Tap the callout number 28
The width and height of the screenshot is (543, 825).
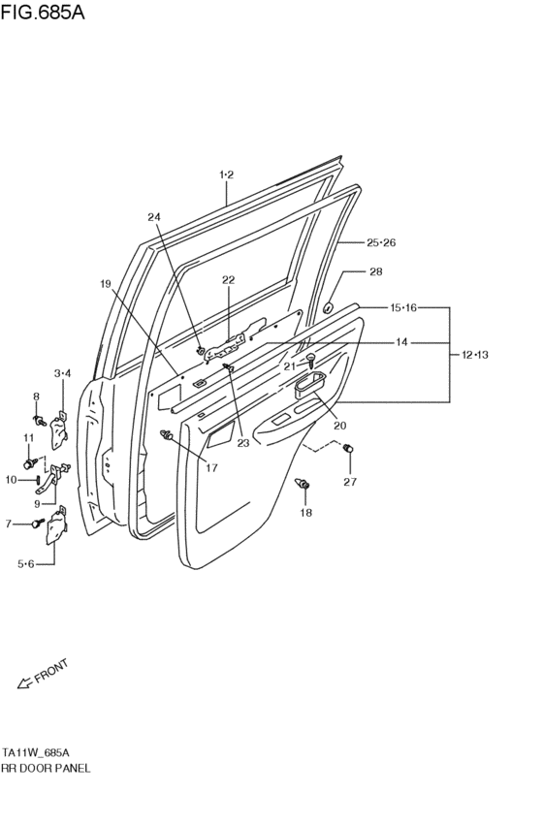pyautogui.click(x=376, y=272)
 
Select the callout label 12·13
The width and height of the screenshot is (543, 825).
pyautogui.click(x=474, y=355)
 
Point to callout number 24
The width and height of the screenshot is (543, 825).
pyautogui.click(x=155, y=217)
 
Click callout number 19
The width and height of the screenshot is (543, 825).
pyautogui.click(x=105, y=283)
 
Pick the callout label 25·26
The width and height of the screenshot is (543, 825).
pyautogui.click(x=381, y=242)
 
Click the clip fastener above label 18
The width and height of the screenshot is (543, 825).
pyautogui.click(x=304, y=484)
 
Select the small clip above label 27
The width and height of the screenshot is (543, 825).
pyautogui.click(x=349, y=448)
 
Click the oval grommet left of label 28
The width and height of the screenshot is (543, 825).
pyautogui.click(x=328, y=308)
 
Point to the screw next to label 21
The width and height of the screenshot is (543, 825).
pyautogui.click(x=310, y=360)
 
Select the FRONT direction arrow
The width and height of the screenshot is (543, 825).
pyautogui.click(x=27, y=683)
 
